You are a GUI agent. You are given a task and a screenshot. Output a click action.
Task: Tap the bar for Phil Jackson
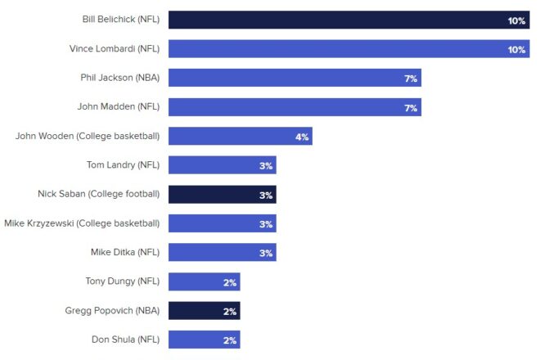point(295,79)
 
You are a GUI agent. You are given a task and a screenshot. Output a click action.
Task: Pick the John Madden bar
point(295,107)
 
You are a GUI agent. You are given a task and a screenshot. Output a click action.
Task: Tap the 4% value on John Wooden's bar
point(302,137)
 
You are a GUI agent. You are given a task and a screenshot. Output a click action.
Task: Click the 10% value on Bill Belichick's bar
point(516,20)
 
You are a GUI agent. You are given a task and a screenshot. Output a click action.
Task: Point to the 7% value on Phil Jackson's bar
point(411,79)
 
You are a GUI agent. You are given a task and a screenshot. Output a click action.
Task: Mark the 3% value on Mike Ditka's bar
point(266,253)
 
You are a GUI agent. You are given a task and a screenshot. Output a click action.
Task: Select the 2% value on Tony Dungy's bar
point(230,282)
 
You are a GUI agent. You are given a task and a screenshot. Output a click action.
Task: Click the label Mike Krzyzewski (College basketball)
point(82,223)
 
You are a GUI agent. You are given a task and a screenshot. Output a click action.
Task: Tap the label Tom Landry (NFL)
point(123,165)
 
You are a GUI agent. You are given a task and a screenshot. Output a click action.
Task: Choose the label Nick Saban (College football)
point(98,195)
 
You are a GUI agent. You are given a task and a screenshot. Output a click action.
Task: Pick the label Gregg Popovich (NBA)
point(112,311)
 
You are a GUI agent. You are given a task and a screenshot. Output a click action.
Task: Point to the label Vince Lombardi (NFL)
point(115,49)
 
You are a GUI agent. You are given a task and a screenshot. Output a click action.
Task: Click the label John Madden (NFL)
point(119,107)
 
